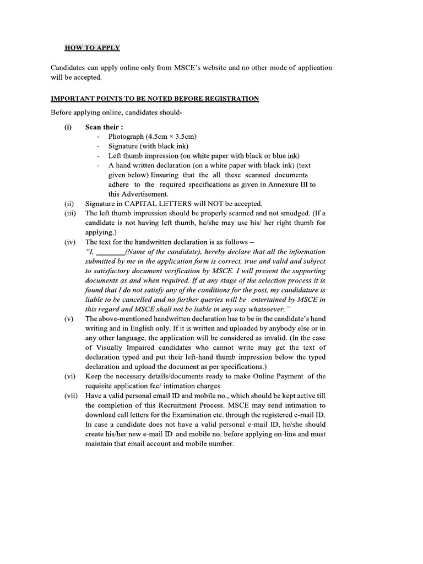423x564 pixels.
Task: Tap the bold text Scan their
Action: [100, 126]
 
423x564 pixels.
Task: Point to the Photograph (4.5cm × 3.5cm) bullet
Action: [153, 136]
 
